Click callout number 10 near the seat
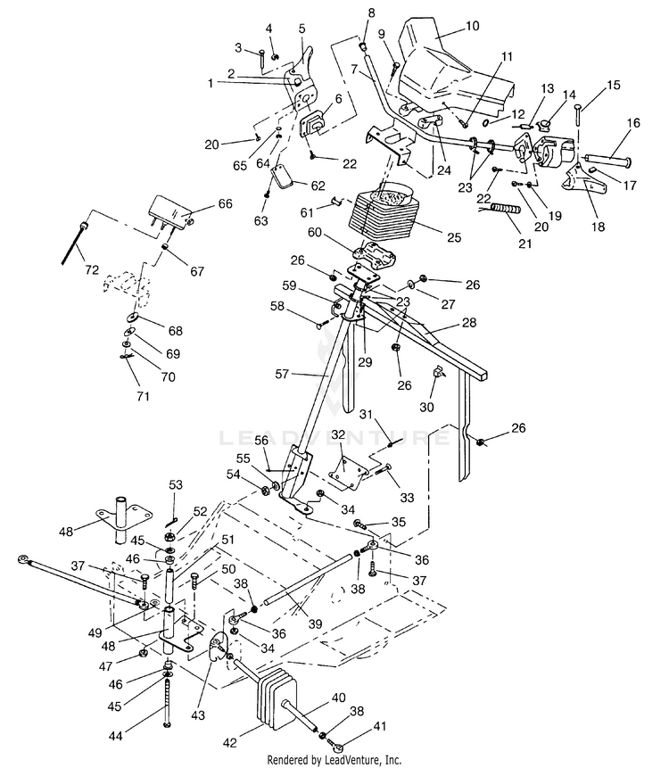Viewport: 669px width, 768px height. click(472, 26)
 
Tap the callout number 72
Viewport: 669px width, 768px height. click(92, 270)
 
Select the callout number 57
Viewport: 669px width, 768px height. click(282, 375)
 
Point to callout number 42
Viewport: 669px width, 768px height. click(230, 743)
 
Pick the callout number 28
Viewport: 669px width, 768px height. click(468, 323)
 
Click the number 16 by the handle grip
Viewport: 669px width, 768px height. click(633, 122)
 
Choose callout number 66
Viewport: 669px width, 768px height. click(226, 203)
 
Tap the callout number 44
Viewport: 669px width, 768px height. click(116, 736)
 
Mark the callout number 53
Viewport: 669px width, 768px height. click(176, 485)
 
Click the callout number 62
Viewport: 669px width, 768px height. click(318, 186)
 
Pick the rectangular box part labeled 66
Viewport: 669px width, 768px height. click(170, 210)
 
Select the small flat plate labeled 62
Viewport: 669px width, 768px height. click(282, 177)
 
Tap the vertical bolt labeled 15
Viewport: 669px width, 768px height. click(578, 116)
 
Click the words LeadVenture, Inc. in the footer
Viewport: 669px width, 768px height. click(363, 760)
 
